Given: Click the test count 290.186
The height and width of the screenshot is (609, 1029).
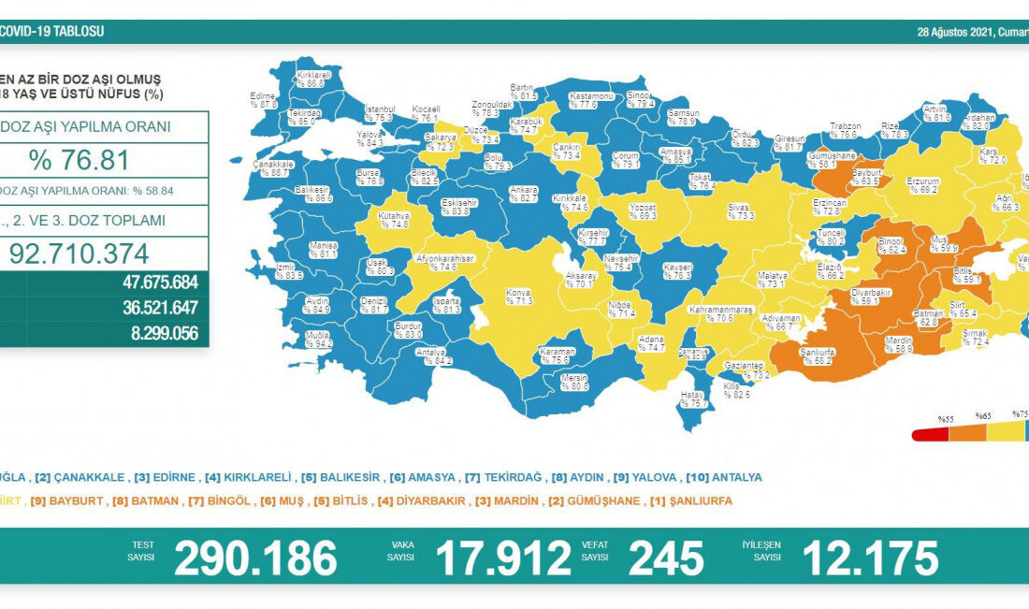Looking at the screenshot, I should [x=255, y=558].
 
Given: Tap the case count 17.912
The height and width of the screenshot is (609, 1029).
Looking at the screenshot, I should [x=503, y=558].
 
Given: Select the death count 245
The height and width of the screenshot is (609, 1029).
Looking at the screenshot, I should [x=666, y=558].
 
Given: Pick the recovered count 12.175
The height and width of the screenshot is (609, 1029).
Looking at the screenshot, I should [x=869, y=558].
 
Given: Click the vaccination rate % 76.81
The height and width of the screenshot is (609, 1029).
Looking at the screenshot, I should [x=79, y=160].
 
